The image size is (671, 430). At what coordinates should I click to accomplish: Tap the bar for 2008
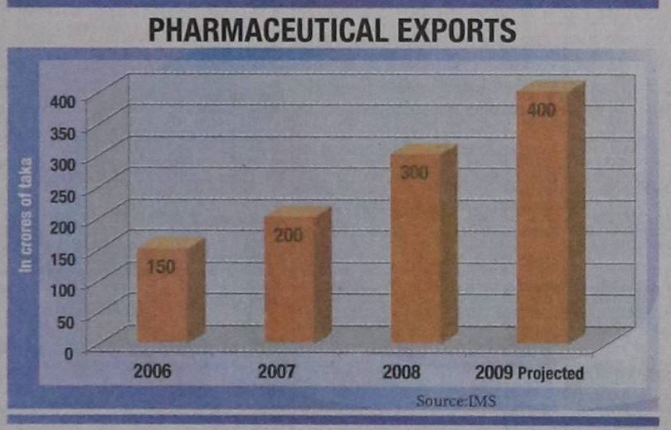click(417, 249)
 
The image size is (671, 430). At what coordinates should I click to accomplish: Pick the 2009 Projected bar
click(544, 216)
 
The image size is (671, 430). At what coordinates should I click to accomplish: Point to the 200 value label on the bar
click(289, 236)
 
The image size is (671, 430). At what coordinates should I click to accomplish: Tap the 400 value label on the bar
click(542, 110)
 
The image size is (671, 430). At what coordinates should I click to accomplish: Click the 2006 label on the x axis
click(152, 371)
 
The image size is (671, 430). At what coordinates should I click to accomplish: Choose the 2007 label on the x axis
click(278, 371)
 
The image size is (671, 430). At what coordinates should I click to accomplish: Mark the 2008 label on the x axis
click(401, 371)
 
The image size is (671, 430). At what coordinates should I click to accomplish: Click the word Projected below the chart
click(552, 374)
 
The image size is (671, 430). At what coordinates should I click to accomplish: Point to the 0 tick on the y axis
click(70, 352)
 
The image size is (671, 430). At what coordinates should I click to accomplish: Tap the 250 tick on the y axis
click(61, 196)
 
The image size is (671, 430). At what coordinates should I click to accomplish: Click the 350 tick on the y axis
click(61, 132)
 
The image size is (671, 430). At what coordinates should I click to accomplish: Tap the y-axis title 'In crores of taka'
click(27, 214)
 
